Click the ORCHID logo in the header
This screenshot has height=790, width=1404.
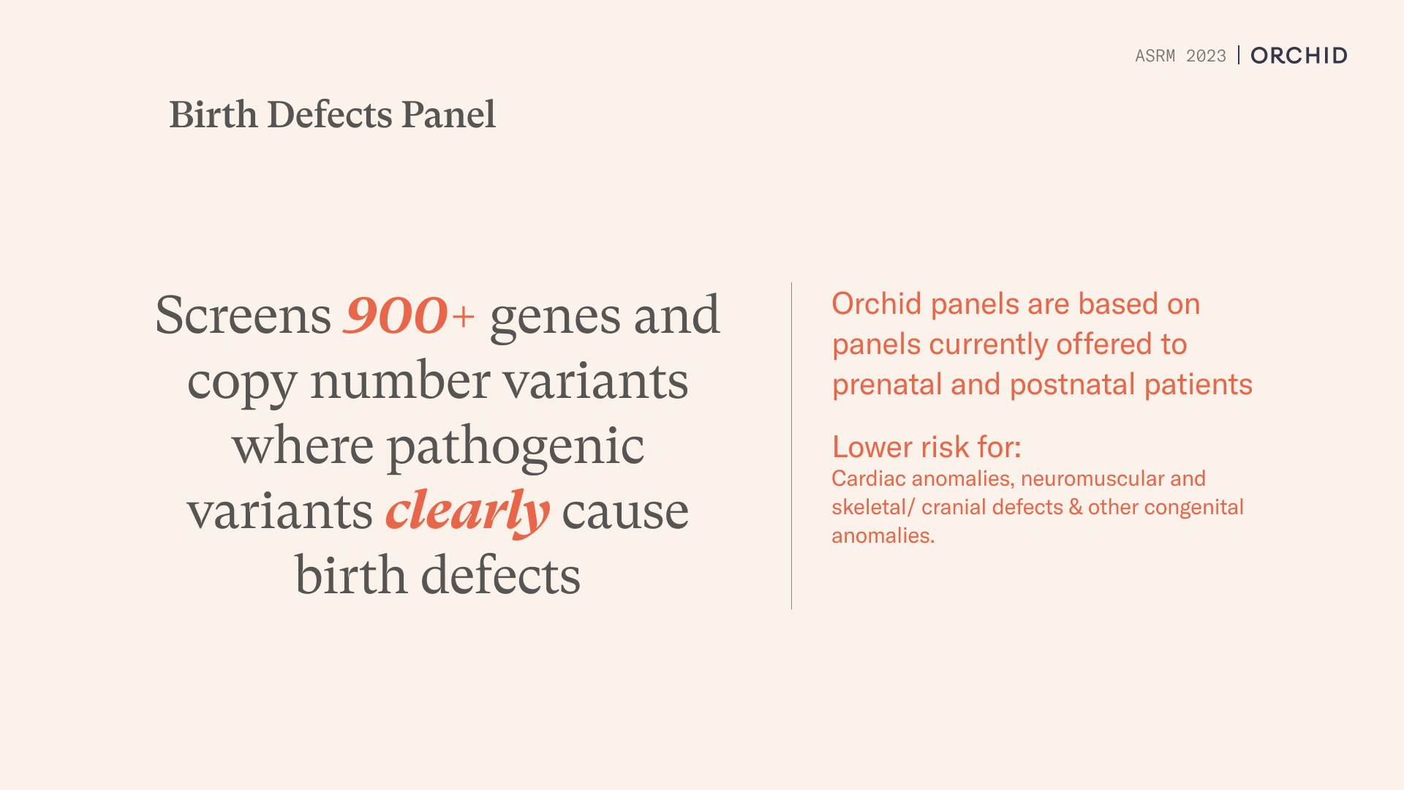tap(1299, 56)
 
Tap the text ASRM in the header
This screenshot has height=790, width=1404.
tap(1155, 56)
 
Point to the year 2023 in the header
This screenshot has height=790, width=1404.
tap(1206, 56)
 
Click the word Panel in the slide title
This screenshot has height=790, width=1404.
tap(448, 115)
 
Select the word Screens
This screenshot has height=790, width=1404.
tap(243, 315)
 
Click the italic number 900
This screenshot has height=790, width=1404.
tap(396, 315)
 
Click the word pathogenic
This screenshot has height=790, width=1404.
tap(515, 447)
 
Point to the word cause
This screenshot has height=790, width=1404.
tap(625, 512)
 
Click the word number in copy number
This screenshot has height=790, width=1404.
tap(400, 381)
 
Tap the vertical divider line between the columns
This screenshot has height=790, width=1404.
tap(791, 445)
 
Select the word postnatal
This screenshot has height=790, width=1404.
tap(1072, 385)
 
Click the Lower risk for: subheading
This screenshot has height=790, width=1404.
tap(926, 447)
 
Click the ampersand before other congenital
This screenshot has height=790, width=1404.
tap(1075, 507)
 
